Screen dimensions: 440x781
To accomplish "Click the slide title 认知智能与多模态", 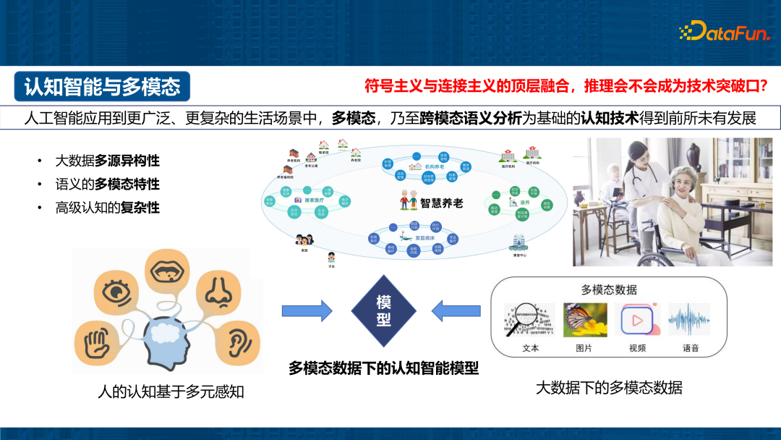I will point(102,87).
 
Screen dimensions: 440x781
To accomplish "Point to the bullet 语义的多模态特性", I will point(107,185).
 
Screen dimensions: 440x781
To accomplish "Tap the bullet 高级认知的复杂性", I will point(107,208).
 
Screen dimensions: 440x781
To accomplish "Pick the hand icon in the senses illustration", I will point(101,341).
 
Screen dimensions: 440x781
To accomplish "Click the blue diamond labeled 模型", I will point(383,310).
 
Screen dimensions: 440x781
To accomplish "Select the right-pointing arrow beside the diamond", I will point(307,310).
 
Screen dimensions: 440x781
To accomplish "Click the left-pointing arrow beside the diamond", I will point(456,310).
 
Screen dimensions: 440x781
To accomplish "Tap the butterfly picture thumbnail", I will point(584,320).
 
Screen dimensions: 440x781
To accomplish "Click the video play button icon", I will point(637,320).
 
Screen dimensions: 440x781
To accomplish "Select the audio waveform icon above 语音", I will point(690,320).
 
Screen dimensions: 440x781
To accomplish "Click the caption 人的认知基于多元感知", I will point(171,392).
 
